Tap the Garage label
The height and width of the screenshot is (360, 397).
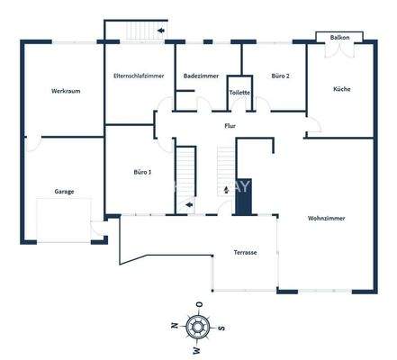[63, 191]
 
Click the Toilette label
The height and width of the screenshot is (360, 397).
[239, 92]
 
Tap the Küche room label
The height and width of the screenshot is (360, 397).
[341, 89]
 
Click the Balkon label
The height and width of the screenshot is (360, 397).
[340, 38]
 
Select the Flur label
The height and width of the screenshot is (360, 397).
[230, 126]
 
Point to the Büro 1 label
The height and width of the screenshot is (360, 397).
[142, 171]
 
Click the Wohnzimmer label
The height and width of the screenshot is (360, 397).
[326, 218]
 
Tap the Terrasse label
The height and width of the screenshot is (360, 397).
[245, 252]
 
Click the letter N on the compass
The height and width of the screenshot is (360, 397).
[173, 326]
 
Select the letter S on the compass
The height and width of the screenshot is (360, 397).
[222, 326]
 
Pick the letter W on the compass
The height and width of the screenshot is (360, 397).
[198, 349]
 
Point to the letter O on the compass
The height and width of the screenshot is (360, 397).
[198, 302]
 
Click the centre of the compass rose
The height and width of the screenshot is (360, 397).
[198, 326]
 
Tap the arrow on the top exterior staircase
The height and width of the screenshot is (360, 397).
[159, 31]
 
